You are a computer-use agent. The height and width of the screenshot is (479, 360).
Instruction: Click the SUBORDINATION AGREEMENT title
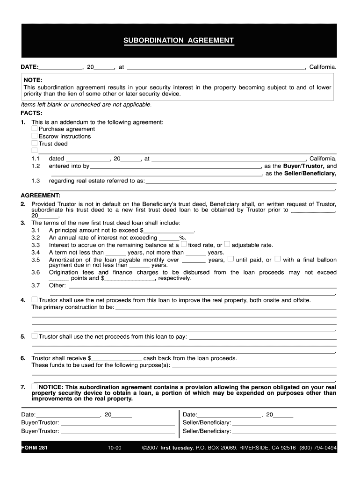tap(178, 40)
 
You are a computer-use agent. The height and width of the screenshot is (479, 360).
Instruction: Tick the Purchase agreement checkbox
tap(35, 129)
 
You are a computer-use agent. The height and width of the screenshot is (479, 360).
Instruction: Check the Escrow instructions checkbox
tap(35, 136)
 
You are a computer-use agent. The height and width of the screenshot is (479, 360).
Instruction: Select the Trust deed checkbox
tap(35, 144)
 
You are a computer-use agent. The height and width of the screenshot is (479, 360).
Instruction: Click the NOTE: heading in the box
tap(33, 80)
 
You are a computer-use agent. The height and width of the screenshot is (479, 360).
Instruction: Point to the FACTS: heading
tap(32, 113)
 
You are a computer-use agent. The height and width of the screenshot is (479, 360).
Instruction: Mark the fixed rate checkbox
tap(184, 244)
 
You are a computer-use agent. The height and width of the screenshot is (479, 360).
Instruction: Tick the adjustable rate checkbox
tap(227, 244)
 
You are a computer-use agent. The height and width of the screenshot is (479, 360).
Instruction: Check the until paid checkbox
tap(231, 259)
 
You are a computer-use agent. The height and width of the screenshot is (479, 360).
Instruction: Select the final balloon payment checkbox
tap(278, 259)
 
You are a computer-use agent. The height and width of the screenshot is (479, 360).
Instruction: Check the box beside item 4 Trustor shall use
tap(35, 299)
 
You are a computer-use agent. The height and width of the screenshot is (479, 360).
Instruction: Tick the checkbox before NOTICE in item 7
tap(35, 387)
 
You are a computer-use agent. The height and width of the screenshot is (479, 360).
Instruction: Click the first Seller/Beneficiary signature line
tap(284, 423)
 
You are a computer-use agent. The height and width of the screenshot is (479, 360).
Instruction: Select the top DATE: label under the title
tap(29, 67)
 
